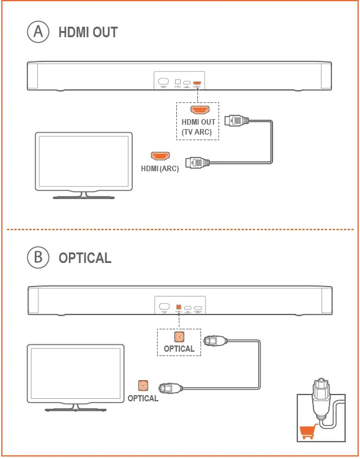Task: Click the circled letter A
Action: [38, 32]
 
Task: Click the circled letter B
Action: [38, 257]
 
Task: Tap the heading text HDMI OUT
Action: [88, 33]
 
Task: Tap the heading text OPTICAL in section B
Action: [85, 257]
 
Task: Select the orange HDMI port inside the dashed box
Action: [199, 110]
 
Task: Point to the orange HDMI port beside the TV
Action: [160, 155]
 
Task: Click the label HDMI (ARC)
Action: [160, 169]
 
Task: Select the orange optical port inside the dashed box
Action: [179, 336]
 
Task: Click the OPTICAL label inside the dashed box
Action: [179, 349]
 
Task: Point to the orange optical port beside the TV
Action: [143, 385]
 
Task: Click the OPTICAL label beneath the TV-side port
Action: [143, 398]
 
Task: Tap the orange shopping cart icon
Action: [308, 431]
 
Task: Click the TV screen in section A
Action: [82, 161]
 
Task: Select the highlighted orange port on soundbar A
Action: [197, 82]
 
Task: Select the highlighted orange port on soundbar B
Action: [178, 306]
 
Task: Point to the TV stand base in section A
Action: [82, 197]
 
